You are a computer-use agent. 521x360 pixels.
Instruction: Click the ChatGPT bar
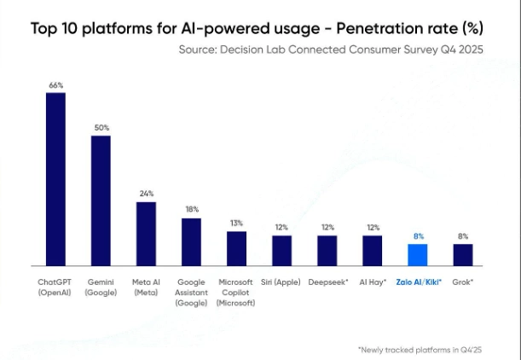click(x=55, y=179)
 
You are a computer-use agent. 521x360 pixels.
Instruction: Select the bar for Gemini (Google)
click(x=101, y=200)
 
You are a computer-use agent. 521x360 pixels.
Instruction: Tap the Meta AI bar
click(x=146, y=233)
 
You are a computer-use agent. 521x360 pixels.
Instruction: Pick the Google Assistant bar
click(x=191, y=241)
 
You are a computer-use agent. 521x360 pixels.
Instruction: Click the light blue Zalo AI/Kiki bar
click(x=417, y=255)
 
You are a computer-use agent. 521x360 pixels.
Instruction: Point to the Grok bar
click(x=462, y=255)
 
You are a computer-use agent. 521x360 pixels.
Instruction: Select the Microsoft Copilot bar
click(x=236, y=248)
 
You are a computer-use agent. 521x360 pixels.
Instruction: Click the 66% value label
click(x=55, y=85)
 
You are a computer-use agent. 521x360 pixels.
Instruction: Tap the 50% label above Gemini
click(x=101, y=128)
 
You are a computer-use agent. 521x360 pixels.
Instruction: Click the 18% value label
click(x=191, y=210)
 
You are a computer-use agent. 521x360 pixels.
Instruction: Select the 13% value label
click(x=236, y=224)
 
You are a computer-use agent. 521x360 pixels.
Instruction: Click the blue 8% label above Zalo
click(x=417, y=236)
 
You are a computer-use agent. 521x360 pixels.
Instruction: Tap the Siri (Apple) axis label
click(x=281, y=282)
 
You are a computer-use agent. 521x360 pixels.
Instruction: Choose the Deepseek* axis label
click(x=327, y=282)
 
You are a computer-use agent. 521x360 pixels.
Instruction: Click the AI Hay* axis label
click(x=372, y=282)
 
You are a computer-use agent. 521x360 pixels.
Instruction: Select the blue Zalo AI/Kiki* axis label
click(x=418, y=282)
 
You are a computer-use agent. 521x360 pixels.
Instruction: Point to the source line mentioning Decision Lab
click(x=331, y=50)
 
